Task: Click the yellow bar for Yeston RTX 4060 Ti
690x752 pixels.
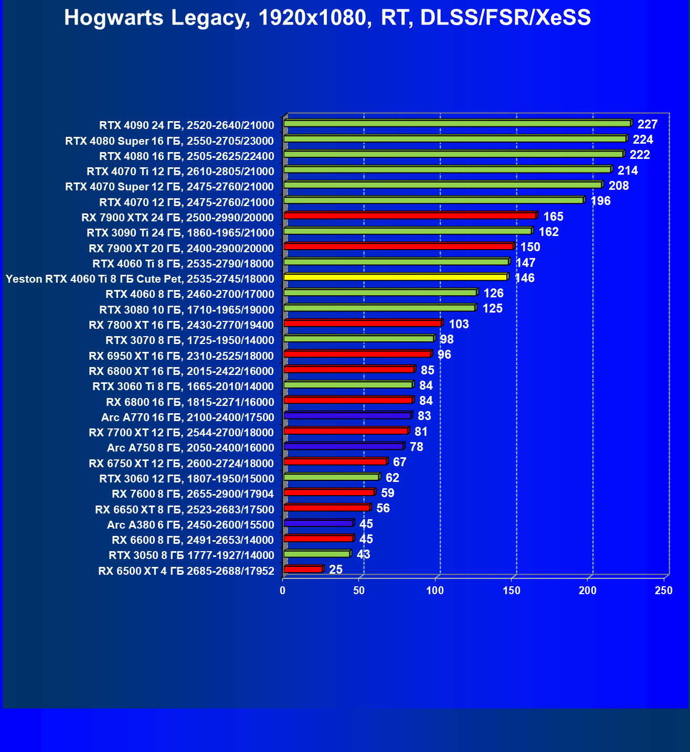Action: [395, 277]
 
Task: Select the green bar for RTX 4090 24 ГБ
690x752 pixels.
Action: [457, 123]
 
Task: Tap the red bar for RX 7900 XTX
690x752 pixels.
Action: [409, 216]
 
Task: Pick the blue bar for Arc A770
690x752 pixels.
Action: [347, 415]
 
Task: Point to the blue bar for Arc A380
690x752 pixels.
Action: [318, 523]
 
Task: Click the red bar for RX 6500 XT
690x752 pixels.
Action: [303, 569]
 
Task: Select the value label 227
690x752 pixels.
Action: [647, 124]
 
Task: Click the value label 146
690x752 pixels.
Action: [525, 278]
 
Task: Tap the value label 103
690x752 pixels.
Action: [459, 324]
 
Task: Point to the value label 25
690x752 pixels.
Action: [336, 570]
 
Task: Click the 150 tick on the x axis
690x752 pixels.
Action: [512, 591]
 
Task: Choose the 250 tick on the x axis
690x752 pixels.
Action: [664, 591]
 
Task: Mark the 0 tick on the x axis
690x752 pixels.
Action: [283, 591]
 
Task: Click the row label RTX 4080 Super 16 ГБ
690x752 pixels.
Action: [169, 141]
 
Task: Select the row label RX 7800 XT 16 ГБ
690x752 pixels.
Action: [181, 325]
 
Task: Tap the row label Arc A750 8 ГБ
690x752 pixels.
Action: [190, 448]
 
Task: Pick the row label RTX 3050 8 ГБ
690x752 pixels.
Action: [191, 555]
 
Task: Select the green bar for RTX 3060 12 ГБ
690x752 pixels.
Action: [331, 477]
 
